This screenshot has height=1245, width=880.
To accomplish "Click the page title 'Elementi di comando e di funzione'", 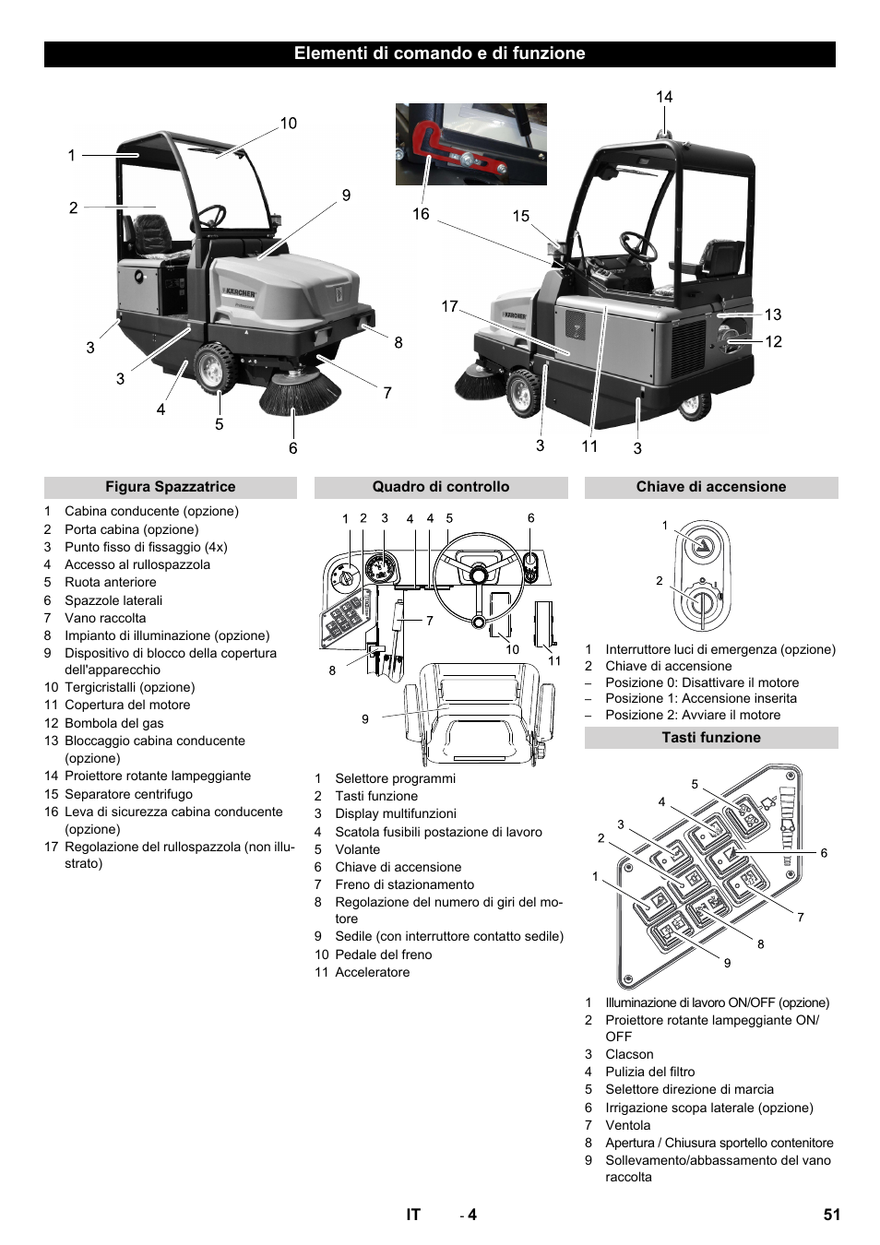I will click(439, 53).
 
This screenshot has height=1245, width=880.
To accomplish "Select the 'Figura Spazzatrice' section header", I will click(170, 487).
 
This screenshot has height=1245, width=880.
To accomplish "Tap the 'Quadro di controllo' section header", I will click(440, 487).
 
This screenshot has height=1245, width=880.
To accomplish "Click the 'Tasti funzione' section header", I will click(710, 738).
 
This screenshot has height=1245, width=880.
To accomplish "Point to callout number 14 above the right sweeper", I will click(664, 97).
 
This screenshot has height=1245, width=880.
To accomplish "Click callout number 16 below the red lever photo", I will click(421, 214).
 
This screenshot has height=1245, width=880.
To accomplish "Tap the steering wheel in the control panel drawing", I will click(478, 575).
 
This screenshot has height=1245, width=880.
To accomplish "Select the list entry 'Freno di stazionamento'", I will click(404, 884).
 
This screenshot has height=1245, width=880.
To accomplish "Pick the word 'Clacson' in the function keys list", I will click(629, 1054).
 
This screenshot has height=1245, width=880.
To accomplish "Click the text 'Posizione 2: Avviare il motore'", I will click(692, 715).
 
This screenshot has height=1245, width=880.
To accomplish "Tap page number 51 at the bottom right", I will click(831, 1215).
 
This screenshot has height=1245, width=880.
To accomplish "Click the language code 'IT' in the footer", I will click(412, 1215).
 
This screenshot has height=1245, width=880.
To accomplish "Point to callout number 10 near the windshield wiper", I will click(289, 124).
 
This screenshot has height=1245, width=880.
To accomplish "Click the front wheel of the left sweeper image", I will click(214, 368).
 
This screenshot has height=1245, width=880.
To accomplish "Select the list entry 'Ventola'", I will click(627, 1125).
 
